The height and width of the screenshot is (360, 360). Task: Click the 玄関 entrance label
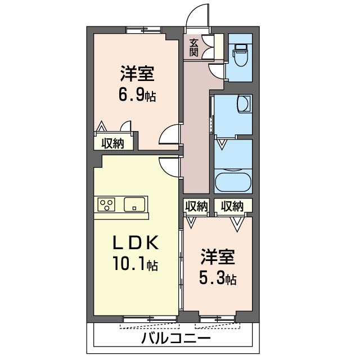193,48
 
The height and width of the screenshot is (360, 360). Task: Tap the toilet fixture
240,55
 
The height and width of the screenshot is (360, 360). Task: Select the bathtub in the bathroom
233,181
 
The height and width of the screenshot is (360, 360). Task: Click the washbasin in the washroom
244,103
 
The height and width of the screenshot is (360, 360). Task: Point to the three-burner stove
106,204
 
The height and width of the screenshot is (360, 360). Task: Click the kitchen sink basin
134,204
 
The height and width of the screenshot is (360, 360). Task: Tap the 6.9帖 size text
137,95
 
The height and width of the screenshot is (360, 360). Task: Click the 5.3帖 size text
218,278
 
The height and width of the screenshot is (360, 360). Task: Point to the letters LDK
136,242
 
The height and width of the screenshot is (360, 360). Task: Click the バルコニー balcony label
175,337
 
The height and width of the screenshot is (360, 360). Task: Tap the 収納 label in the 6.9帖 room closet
112,143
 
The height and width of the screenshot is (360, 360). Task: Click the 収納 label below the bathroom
232,206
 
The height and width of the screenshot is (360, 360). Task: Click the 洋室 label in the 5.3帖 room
218,256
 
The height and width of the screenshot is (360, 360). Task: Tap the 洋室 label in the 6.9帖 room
137,74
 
